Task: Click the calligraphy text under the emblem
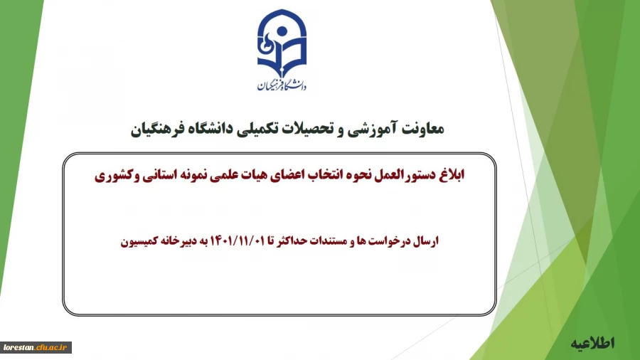[282, 85]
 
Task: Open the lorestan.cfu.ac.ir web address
[35, 347]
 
